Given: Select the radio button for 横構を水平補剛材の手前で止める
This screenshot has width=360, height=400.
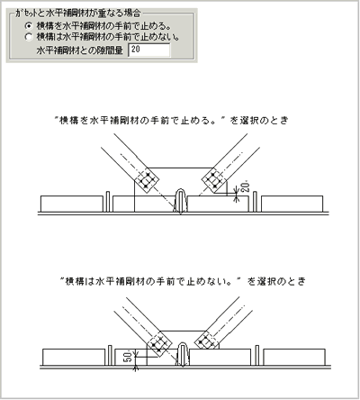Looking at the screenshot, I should (x=30, y=25).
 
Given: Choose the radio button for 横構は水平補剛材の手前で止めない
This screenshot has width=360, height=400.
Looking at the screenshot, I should (x=30, y=37).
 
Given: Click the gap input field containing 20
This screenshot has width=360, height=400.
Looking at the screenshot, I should (x=149, y=51).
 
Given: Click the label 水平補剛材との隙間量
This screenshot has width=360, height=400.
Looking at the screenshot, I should (x=79, y=51).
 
